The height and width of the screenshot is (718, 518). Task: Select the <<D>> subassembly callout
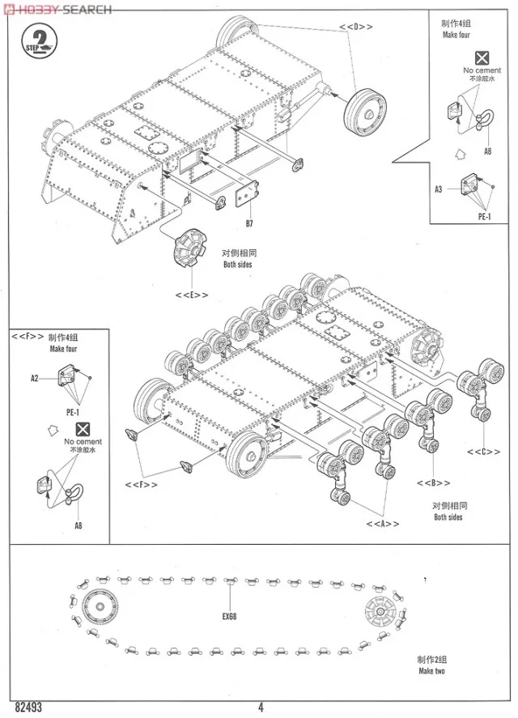pos(355,27)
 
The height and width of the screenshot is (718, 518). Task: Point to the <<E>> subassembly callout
pos(191,295)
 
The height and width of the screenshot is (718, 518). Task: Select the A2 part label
pos(35,378)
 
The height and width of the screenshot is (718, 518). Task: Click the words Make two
pos(431,671)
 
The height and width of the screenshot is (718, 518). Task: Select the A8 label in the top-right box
pos(488,151)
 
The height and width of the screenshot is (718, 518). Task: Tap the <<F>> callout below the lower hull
pos(141,484)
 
